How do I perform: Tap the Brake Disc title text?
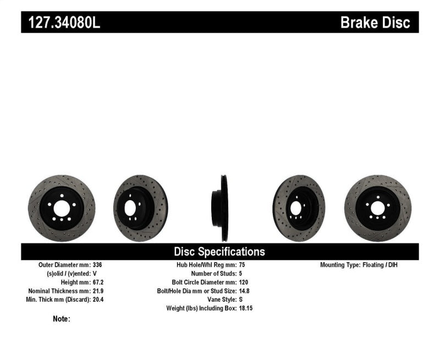375,23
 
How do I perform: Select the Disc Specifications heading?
219,252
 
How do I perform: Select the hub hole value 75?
243,265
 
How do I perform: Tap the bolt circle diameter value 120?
244,282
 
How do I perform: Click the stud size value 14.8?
245,291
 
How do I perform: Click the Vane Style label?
220,300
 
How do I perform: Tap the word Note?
61,319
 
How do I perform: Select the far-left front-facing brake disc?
62,208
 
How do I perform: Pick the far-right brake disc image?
377,208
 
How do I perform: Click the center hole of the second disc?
131,208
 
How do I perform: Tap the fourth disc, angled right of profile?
299,208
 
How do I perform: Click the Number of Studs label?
213,274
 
